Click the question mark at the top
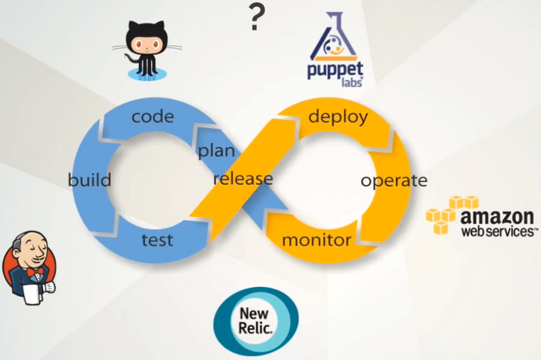[257, 18]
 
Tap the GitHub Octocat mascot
[144, 48]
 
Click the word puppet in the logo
[334, 71]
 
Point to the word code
[152, 116]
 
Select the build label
[89, 180]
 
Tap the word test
[157, 240]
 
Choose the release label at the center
[243, 179]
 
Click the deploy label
[338, 116]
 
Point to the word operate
[393, 181]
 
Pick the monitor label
[316, 241]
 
